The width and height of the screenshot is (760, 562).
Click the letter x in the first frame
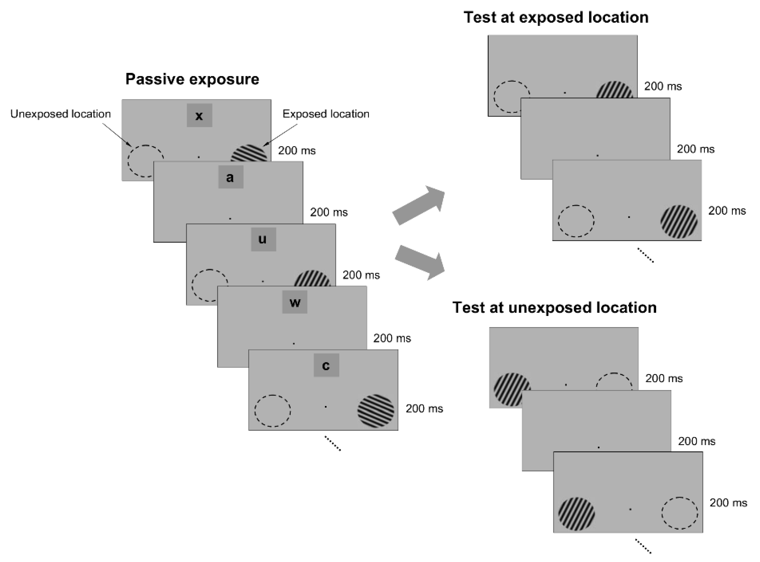coord(199,116)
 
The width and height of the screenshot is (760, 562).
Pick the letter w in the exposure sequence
coord(295,302)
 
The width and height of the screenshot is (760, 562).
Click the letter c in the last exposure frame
coord(326,365)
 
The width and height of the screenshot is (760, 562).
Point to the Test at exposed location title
coord(556,17)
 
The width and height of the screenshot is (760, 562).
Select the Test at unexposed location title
coord(554,307)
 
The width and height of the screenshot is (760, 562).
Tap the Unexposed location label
coord(61,114)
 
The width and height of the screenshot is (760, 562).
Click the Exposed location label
coord(326,114)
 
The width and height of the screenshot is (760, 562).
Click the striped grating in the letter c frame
coord(376,410)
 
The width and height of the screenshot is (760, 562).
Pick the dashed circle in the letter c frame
coord(272,410)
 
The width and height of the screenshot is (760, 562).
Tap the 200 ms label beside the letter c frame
coord(424,408)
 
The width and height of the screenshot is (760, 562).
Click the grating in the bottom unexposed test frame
coord(576,514)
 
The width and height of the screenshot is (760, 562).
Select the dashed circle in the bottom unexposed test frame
coord(680,513)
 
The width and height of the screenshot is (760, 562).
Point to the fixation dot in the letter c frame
coord(325,407)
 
